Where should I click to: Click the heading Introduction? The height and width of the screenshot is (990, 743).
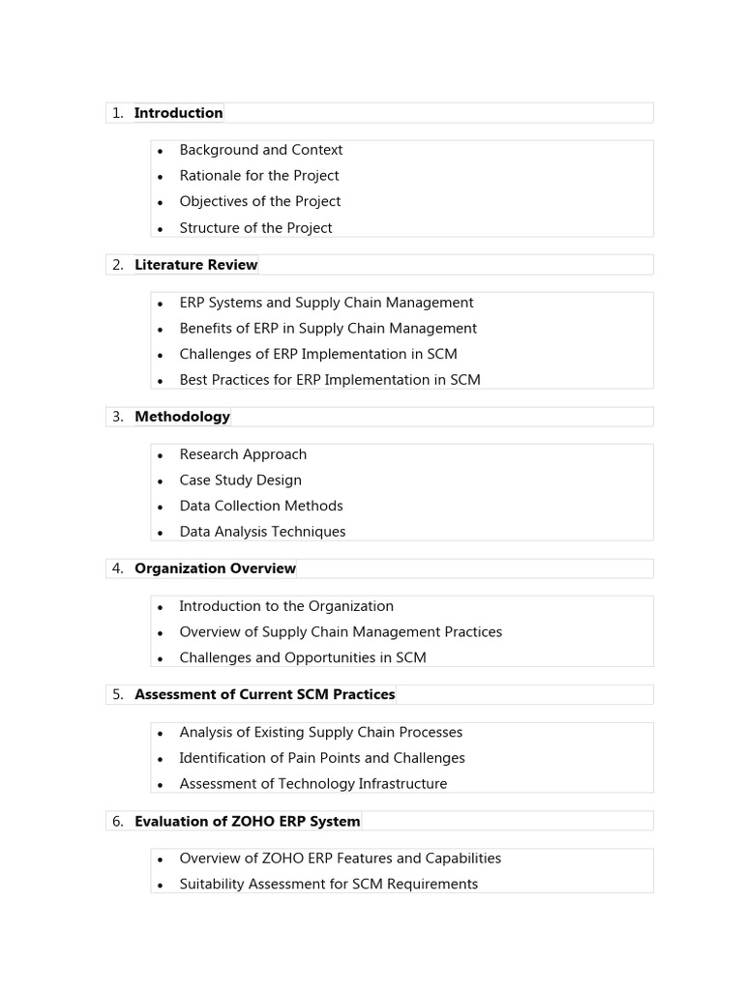coord(178,113)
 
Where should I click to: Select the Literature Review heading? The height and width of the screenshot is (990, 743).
coord(195,265)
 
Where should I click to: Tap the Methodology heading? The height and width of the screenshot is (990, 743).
coord(182,417)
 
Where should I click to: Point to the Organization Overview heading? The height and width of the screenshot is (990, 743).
coord(215,568)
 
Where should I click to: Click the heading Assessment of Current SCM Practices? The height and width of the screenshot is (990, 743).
coord(264,694)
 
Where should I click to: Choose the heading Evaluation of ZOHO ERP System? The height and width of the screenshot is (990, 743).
coord(247,821)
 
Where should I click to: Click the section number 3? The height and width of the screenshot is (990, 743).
coord(117,417)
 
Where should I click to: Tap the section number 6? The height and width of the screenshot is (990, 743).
coord(117,821)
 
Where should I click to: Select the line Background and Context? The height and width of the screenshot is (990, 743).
coord(260,150)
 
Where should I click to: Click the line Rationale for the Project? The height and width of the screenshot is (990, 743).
coord(258,176)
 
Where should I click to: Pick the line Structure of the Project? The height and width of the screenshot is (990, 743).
coord(255,228)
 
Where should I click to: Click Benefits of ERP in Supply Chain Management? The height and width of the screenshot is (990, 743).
coord(328,329)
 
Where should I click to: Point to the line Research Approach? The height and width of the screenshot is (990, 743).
coord(243,454)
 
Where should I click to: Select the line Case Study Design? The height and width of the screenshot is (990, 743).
coord(240,480)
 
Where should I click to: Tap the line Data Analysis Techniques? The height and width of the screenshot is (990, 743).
coord(262,532)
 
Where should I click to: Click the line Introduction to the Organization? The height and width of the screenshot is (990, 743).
coord(286,606)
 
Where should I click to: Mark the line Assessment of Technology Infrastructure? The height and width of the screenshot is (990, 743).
coord(313,784)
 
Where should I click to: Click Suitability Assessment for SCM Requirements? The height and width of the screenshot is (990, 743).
coord(328,884)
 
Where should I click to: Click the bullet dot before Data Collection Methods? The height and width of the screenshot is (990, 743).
coord(161,507)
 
